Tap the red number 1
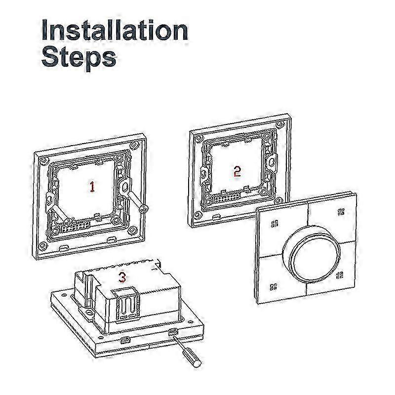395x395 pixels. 92,187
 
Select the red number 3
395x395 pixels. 122,277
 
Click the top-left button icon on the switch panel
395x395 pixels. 275,224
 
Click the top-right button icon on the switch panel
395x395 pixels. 341,212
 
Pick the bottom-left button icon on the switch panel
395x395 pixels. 274,287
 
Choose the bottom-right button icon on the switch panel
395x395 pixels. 340,275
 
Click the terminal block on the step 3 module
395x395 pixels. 126,304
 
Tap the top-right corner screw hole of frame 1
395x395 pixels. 134,145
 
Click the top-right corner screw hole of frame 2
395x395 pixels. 279,124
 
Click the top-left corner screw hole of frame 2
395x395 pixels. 199,138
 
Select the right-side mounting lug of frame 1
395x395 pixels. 124,187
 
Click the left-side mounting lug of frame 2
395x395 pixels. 204,173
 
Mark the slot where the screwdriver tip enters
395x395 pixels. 173,332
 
